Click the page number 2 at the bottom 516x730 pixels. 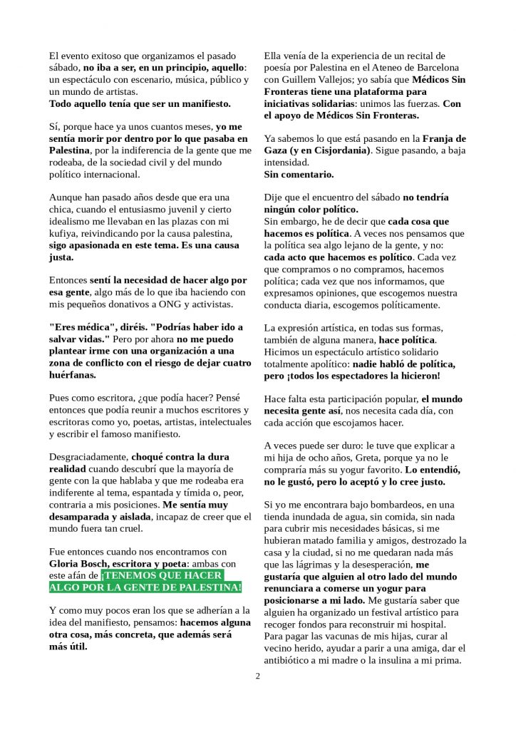click(258, 677)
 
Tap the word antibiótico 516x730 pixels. click(291, 660)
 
